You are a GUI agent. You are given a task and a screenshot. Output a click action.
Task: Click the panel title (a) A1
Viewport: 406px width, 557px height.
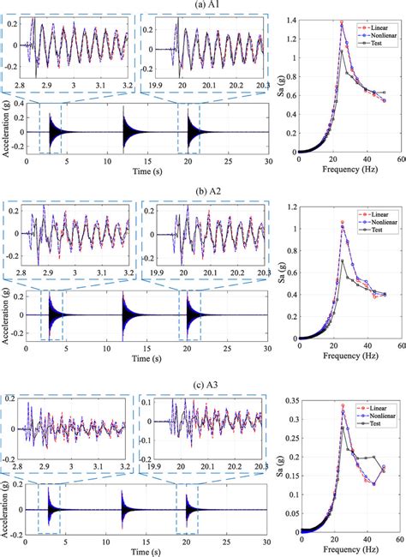pyautogui.click(x=203, y=5)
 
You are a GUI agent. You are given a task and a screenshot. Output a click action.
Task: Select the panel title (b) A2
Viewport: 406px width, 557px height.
pyautogui.click(x=203, y=189)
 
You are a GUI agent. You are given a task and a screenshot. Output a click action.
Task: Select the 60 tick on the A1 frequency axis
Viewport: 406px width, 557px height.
pyautogui.click(x=400, y=159)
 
